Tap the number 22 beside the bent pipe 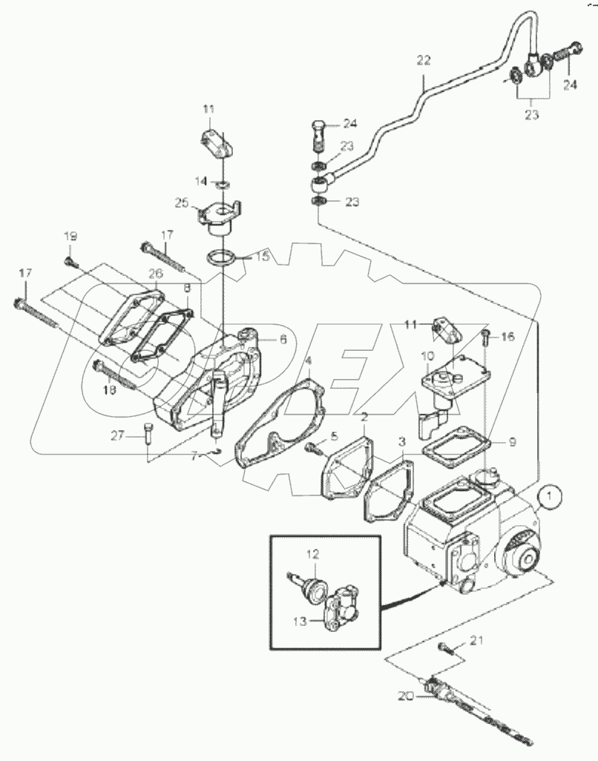[423, 62]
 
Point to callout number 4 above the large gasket [308, 361]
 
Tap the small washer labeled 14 [221, 182]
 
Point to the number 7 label [194, 457]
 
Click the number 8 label [187, 286]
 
